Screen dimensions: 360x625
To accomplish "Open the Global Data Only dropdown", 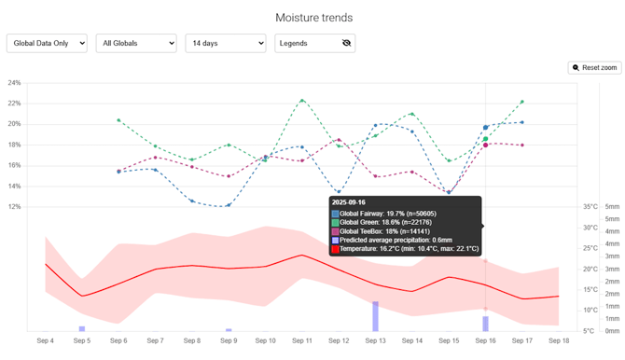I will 47,43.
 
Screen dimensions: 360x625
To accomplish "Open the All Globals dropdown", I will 136,43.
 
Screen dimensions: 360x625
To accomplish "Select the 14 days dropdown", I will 225,43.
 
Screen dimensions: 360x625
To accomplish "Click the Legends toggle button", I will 314,43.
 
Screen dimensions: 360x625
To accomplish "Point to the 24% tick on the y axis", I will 14,83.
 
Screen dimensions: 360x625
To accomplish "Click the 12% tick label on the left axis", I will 14,206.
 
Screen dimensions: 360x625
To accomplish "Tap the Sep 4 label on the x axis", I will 45,341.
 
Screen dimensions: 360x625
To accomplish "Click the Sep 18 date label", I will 559,341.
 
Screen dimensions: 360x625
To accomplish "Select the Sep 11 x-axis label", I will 302,341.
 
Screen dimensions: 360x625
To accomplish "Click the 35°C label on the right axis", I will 590,207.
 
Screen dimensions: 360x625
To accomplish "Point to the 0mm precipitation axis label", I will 612,331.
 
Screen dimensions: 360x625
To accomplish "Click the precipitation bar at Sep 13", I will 376,316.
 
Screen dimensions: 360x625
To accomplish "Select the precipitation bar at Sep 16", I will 485,324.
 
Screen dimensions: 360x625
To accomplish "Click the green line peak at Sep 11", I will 302,100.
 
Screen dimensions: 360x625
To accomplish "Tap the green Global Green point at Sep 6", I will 118,120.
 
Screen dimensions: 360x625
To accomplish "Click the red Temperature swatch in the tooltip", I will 335,249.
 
